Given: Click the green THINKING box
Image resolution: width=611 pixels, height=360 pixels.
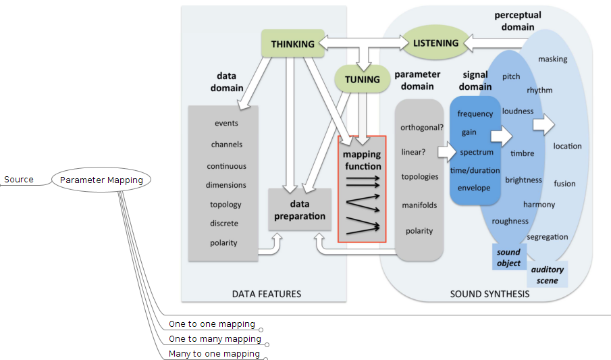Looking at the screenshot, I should [292, 44].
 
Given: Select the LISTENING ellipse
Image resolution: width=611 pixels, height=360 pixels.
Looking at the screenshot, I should [435, 43].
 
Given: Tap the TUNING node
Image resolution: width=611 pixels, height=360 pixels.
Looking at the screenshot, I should [362, 79].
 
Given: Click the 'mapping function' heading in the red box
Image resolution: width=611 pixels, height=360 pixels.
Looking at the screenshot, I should [362, 160].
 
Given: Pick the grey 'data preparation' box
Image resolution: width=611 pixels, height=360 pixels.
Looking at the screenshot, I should [299, 209].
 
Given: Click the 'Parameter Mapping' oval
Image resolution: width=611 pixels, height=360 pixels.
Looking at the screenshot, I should [101, 180].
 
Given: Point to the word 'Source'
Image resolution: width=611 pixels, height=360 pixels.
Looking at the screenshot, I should [19, 180].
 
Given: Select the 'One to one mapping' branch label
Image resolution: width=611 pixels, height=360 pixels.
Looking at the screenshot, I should [211, 324].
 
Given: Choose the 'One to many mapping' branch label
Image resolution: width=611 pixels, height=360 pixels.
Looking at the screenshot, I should [214, 339].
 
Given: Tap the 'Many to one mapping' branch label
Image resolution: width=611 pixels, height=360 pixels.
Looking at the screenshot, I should [213, 354].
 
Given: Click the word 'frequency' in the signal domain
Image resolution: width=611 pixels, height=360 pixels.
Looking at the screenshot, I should [475, 114].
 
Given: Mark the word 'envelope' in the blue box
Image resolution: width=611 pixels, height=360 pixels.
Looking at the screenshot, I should [473, 188].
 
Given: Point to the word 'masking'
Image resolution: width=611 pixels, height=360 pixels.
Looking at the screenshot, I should [552, 59].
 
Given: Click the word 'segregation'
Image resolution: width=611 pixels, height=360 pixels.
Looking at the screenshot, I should [547, 237].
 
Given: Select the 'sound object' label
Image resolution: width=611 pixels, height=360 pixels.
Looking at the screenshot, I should [508, 257].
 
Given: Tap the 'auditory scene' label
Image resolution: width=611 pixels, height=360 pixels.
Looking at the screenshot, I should [547, 274].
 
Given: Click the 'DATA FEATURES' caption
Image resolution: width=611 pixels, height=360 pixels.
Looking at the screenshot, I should [266, 294].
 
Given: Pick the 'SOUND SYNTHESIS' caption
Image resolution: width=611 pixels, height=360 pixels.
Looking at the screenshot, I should [489, 294].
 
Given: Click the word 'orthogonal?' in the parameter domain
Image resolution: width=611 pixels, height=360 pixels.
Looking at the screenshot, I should [421, 127].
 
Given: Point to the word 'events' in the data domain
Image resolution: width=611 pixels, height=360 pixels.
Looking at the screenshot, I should [226, 123].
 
